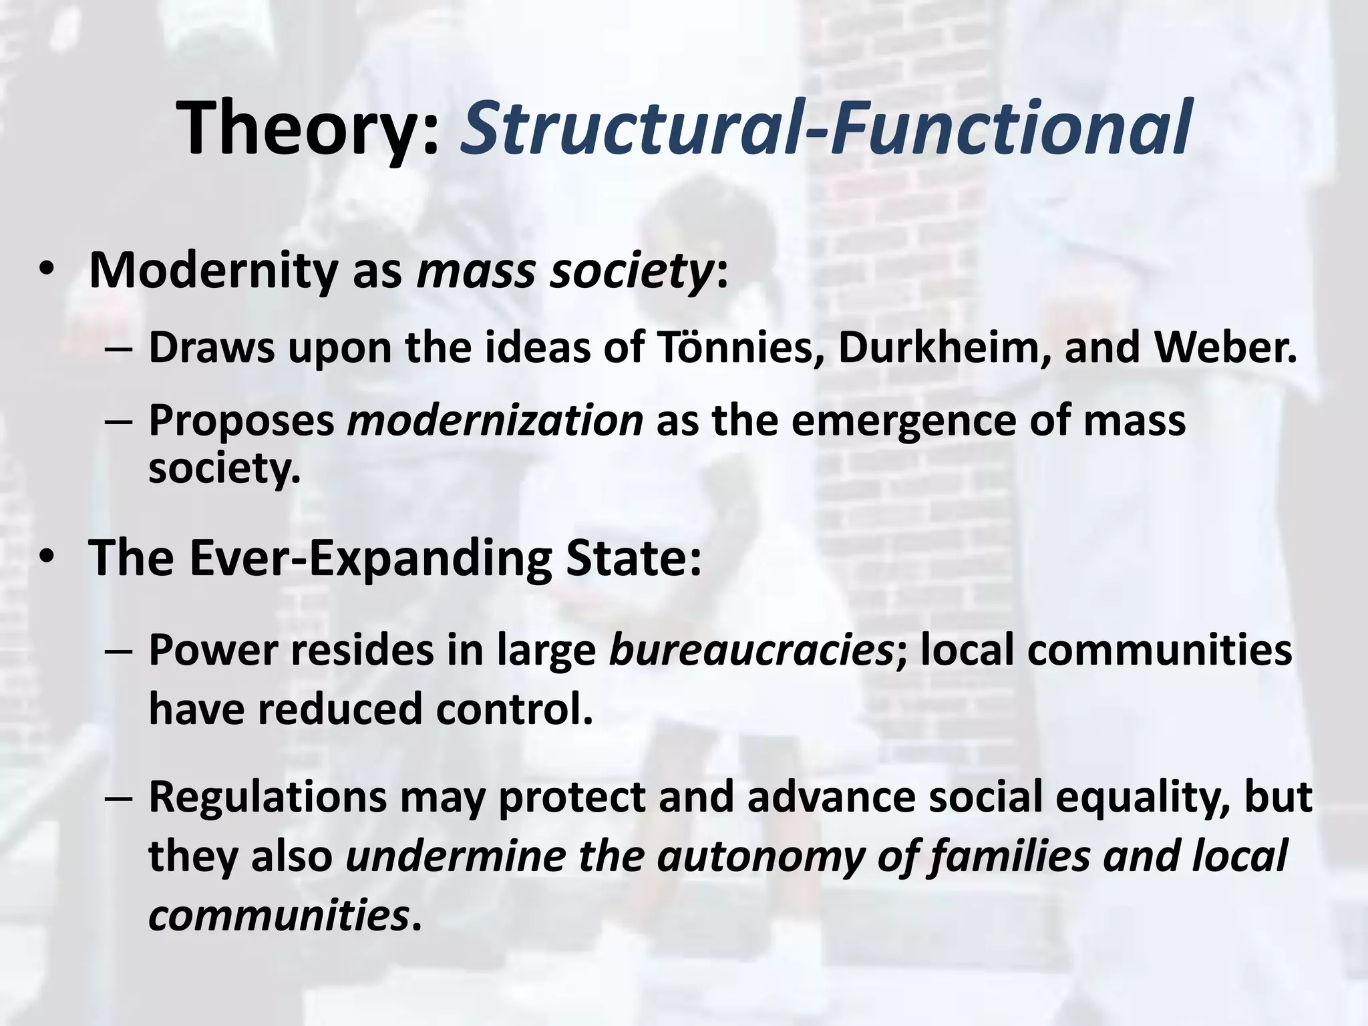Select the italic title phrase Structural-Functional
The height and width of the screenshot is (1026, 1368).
point(824,127)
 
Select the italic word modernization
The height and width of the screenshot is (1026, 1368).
point(495,421)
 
